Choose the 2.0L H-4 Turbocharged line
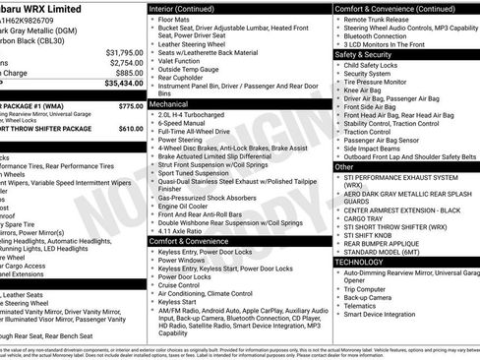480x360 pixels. click(x=205, y=114)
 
